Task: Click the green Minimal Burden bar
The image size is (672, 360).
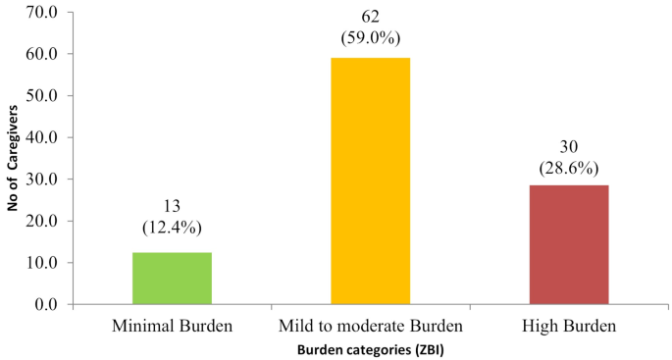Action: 172,279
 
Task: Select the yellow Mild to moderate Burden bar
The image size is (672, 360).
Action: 370,181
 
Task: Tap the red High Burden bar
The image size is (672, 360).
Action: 568,244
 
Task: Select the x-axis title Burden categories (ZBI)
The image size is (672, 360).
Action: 370,346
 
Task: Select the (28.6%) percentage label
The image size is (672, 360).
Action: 568,166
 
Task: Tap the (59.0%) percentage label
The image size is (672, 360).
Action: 370,38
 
